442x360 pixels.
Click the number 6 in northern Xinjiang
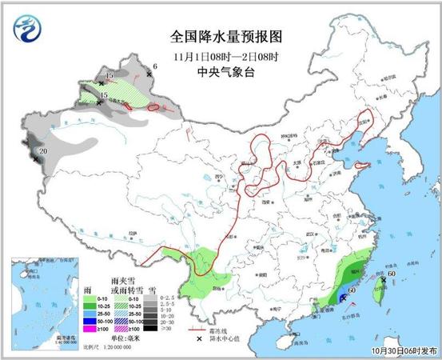coord(155,66)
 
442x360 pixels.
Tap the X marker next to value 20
coord(36,160)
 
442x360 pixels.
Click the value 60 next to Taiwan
coord(392,274)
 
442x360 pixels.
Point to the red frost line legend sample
coord(194,329)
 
